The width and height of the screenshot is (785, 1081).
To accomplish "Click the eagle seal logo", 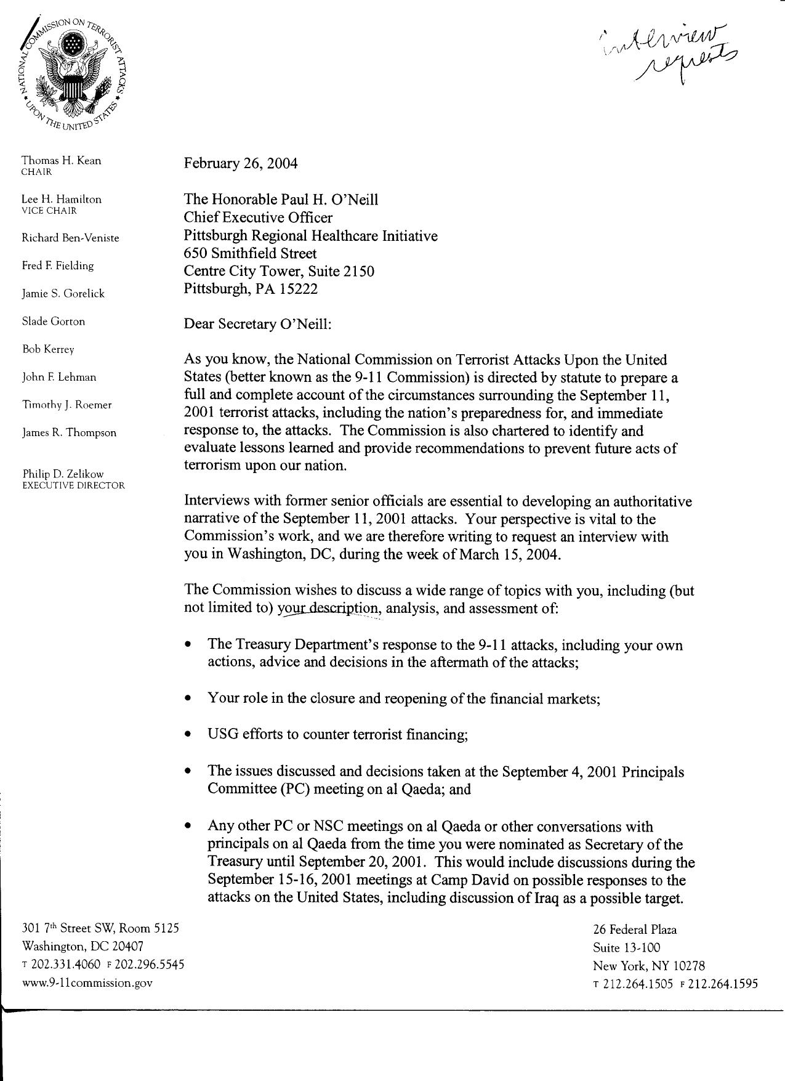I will pos(73,73).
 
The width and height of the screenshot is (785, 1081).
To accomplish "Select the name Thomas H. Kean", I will pos(62,161).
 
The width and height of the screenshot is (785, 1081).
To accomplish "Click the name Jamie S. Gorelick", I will pos(63,294).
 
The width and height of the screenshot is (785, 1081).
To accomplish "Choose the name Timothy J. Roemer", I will pos(66,405).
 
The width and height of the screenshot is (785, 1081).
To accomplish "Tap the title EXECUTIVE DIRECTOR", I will pos(73,485).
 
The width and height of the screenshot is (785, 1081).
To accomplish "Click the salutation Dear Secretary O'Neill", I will pos(257,325).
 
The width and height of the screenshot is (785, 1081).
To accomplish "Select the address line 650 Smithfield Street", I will pos(250,253).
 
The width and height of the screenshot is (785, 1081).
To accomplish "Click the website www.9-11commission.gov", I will pos(87,983).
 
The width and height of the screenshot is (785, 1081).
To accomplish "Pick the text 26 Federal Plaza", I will pos(634,929).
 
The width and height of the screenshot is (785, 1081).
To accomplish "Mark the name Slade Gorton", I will pos(54,322).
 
